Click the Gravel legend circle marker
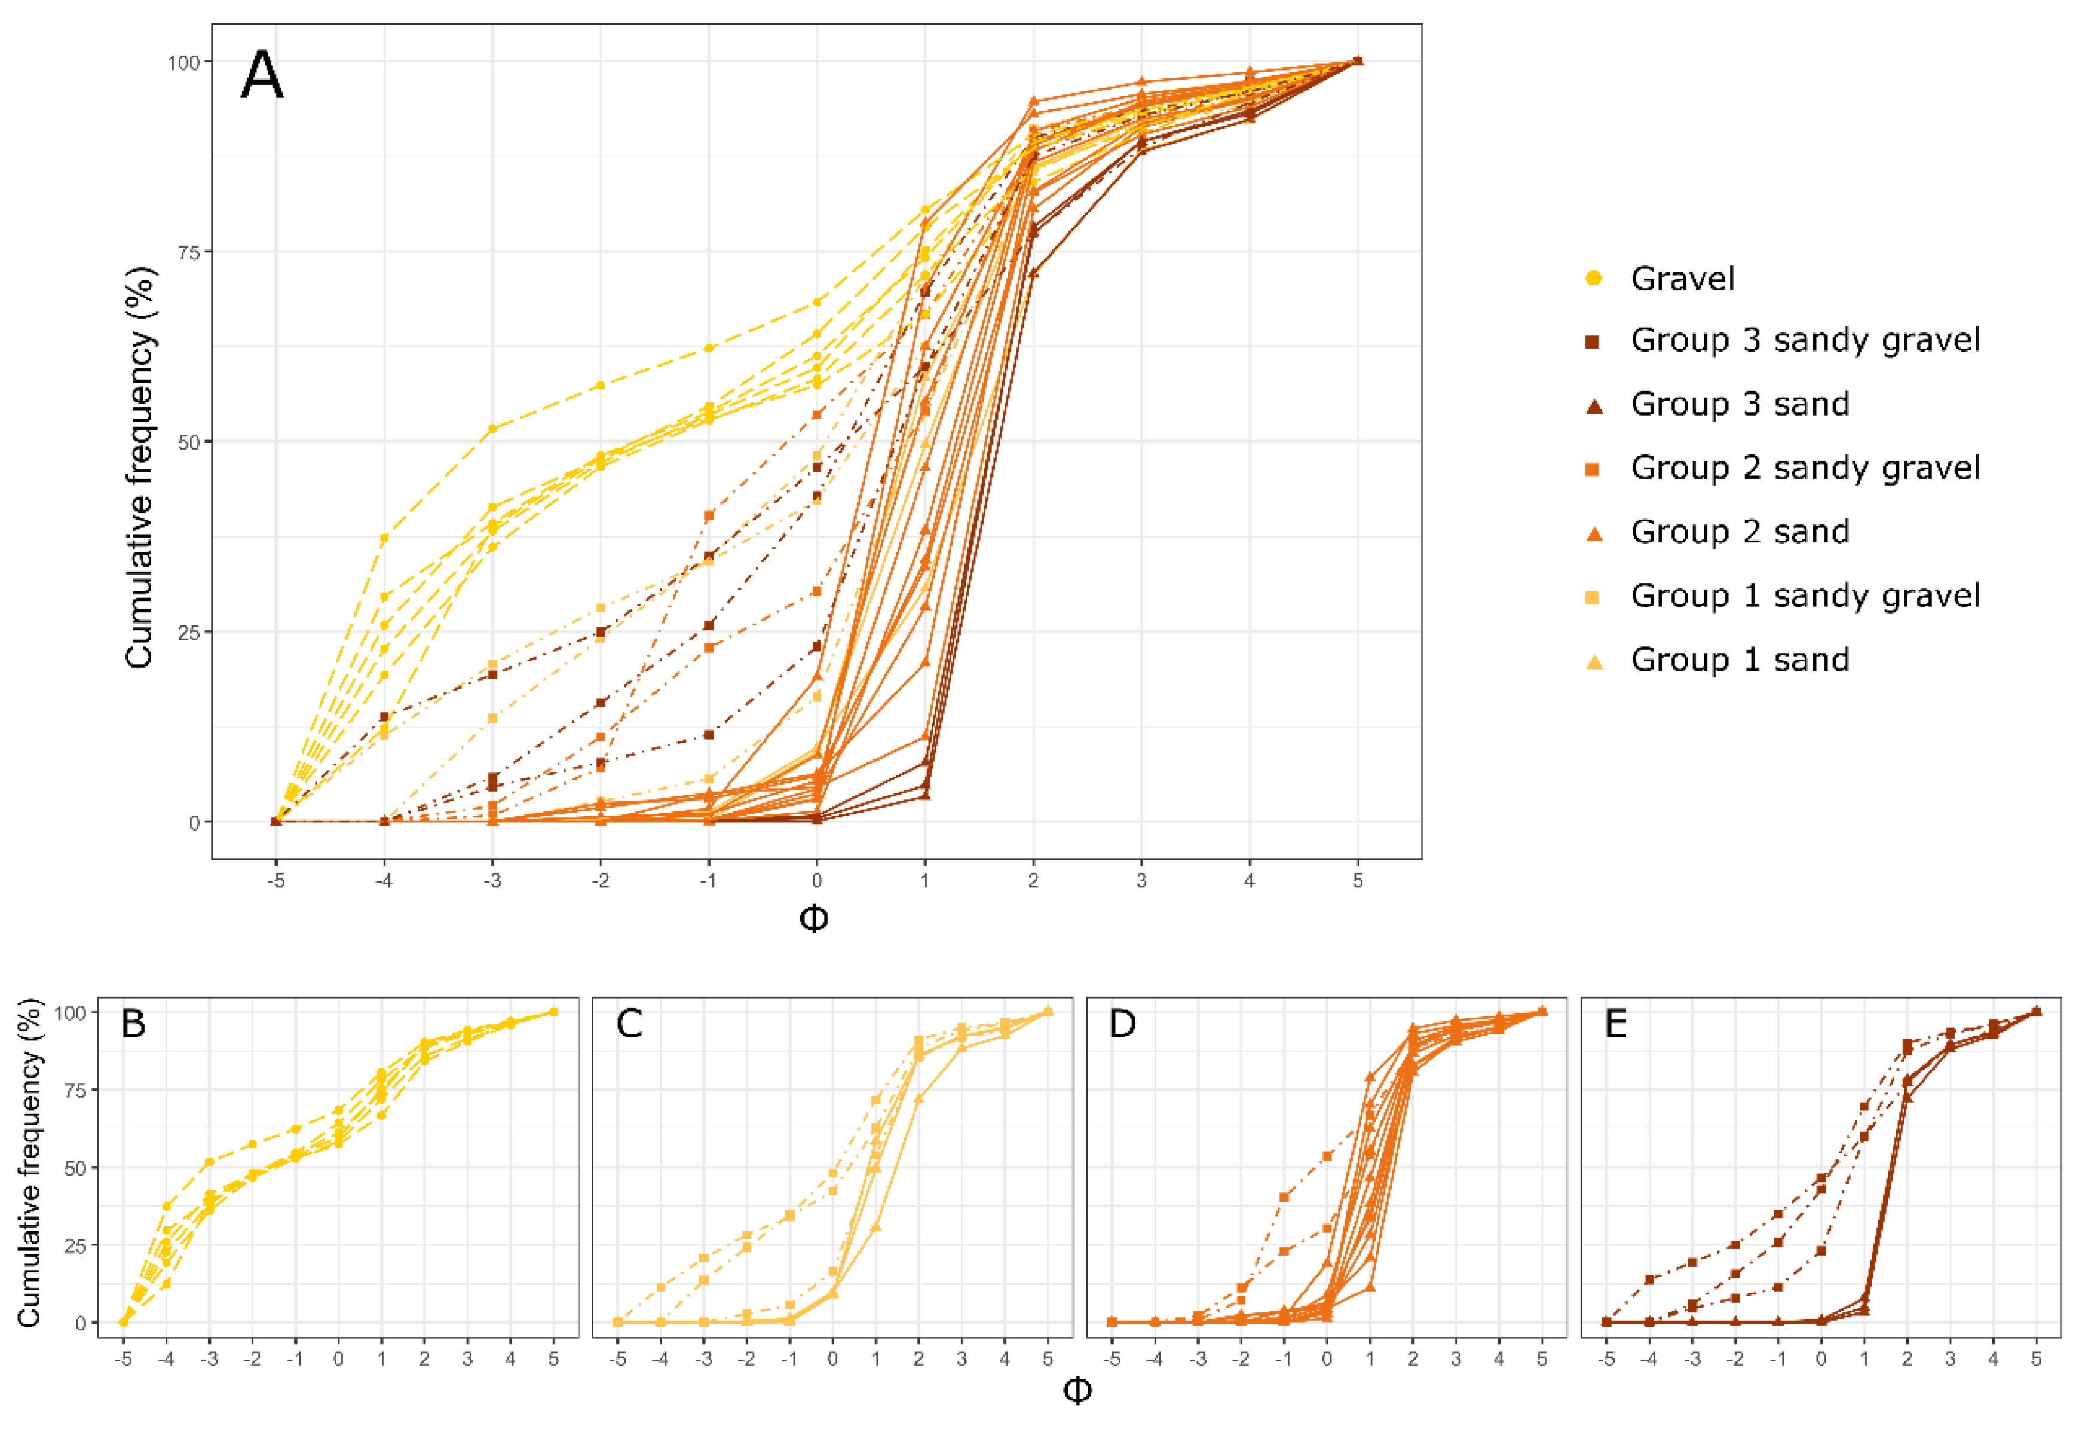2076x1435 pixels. point(1593,278)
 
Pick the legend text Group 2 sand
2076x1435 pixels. point(1740,532)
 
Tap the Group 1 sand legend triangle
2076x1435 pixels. point(1594,661)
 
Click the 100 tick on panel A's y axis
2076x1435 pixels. point(182,62)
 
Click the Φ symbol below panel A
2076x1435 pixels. point(813,919)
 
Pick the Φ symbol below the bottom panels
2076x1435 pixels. point(1077,1391)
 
